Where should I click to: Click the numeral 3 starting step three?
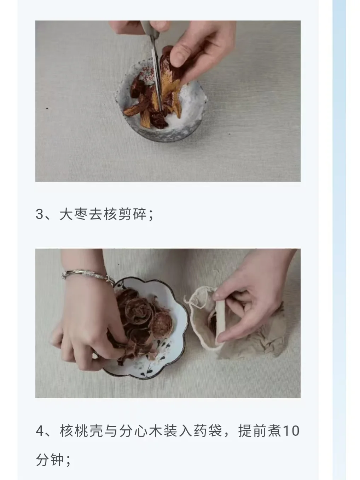[x=40, y=214]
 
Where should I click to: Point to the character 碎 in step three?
[x=140, y=214]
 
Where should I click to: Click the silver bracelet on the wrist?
[x=87, y=276]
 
